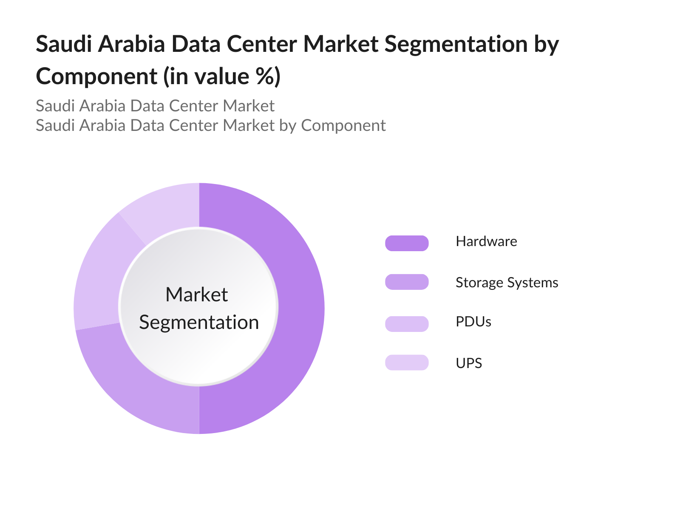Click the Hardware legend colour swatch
click(x=407, y=243)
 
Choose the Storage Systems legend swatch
click(x=407, y=282)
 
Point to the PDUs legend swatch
click(x=407, y=324)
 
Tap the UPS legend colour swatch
click(x=407, y=363)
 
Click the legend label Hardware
click(x=486, y=241)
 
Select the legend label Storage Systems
click(x=507, y=283)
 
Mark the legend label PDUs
click(x=473, y=322)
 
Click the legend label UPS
click(x=469, y=363)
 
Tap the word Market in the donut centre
click(x=196, y=295)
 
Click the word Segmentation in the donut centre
click(x=199, y=322)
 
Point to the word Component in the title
click(x=96, y=76)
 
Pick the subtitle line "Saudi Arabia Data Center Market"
click(x=155, y=106)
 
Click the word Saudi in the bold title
click(x=64, y=44)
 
